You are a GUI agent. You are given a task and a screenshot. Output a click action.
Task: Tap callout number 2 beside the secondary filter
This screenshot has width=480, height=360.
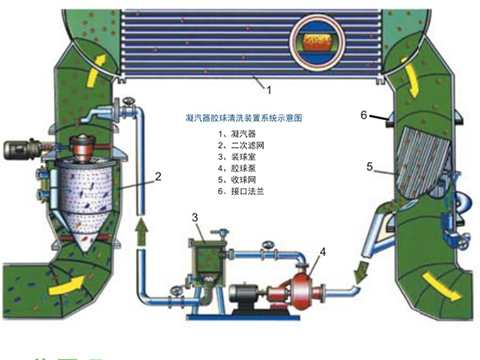(x=159, y=175)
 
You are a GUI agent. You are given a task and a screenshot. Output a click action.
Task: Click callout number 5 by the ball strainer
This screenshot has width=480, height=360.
(x=370, y=167)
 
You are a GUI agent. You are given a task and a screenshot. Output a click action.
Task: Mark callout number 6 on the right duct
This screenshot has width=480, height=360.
(x=363, y=115)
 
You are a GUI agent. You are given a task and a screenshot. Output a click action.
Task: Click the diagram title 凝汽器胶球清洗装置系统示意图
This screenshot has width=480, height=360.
(x=242, y=118)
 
